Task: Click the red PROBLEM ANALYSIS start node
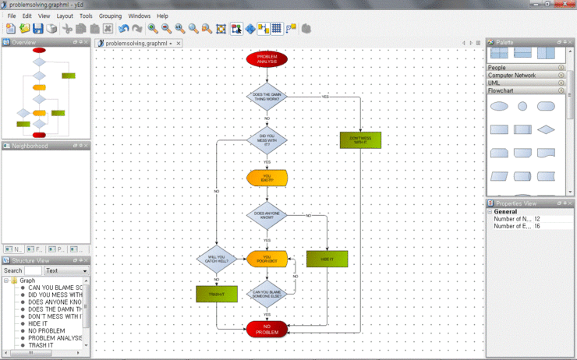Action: (x=267, y=58)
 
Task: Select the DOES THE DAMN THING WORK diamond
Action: (x=267, y=97)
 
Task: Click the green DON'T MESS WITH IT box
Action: (x=360, y=140)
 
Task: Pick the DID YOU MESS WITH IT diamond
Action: (x=267, y=140)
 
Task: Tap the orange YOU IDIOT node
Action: (x=267, y=178)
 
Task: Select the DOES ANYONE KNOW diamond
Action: (x=267, y=215)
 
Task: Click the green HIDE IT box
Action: (x=327, y=259)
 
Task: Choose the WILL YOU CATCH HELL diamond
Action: (x=216, y=259)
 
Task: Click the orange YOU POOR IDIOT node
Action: (x=267, y=259)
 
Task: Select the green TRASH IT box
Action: (x=216, y=294)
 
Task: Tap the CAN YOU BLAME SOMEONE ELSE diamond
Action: (x=267, y=294)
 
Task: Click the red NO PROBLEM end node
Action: (x=267, y=330)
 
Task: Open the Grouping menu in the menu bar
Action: (x=110, y=16)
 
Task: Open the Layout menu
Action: (x=65, y=16)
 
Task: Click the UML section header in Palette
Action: (x=494, y=83)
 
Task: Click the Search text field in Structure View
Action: (x=33, y=271)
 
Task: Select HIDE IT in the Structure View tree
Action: (x=41, y=323)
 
